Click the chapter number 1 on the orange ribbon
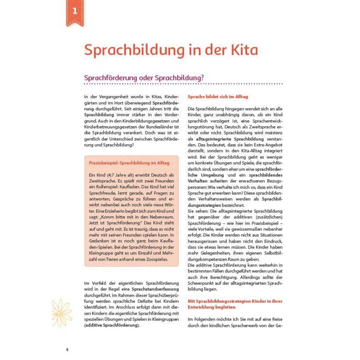tap(75, 11)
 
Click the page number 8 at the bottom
tap(67, 350)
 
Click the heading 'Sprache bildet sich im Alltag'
tap(218, 97)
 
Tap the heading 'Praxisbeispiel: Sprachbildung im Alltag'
tap(129, 163)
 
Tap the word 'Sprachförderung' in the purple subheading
tap(108, 78)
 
